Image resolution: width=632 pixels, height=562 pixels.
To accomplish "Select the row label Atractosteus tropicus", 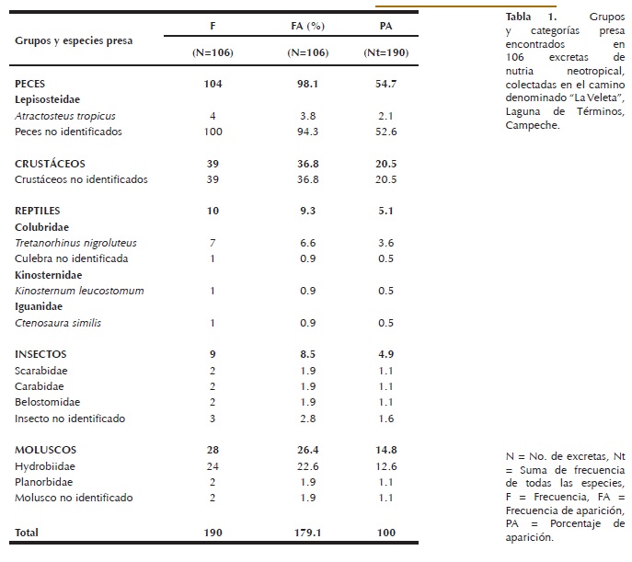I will (64, 116).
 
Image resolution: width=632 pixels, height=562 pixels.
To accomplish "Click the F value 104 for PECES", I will (213, 84).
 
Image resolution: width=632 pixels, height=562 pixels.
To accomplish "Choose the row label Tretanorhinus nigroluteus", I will (75, 243).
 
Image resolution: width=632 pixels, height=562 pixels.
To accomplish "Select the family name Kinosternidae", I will (47, 275).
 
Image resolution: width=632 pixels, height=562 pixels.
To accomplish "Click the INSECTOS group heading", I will (40, 354).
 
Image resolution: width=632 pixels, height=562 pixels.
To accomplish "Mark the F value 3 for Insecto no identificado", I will (213, 419).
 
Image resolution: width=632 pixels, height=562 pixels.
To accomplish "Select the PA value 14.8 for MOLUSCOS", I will (385, 450).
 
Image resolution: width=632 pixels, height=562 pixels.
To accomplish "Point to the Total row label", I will (28, 532).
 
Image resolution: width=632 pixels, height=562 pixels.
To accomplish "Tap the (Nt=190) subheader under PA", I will (385, 52).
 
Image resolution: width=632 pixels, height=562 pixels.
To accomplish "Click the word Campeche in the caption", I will (531, 125).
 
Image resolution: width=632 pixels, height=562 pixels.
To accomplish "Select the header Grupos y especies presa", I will (74, 40).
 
